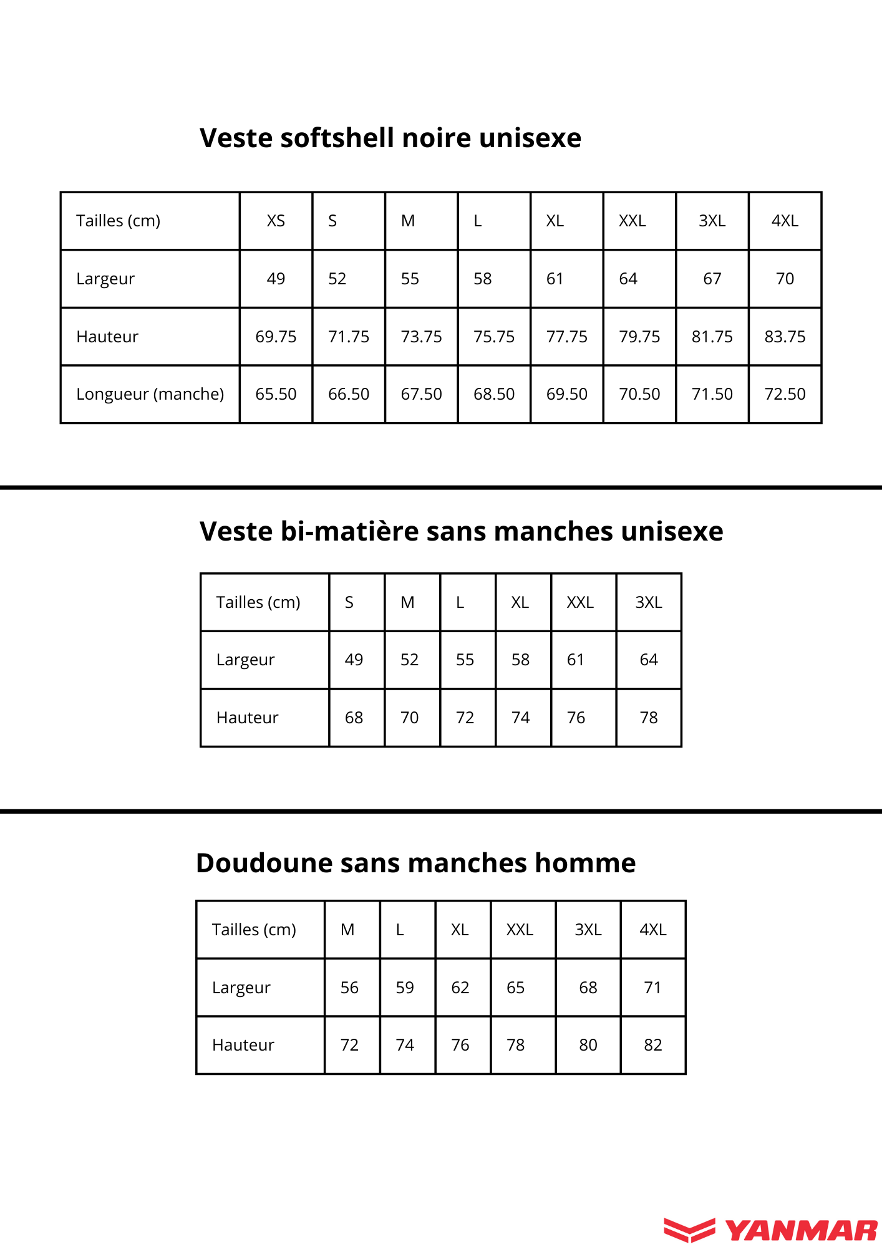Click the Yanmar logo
coord(771,1230)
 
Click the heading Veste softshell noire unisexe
coord(390,138)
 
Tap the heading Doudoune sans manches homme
coord(415,863)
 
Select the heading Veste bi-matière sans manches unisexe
coord(461,531)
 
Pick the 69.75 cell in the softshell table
coord(276,337)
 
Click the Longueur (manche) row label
coord(150,394)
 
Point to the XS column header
coord(276,221)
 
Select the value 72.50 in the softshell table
coord(785,394)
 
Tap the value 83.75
coord(785,337)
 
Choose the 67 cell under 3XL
coord(712,279)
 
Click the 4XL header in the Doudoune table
coord(652,930)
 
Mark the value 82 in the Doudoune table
coord(652,1045)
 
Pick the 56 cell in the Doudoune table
coord(349,988)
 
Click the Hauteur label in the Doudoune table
coord(243,1045)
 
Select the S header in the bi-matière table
coord(349,602)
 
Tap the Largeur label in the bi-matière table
coord(245,660)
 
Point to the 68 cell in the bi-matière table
coord(354,718)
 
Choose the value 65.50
coord(276,394)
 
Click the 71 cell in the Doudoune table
coord(652,988)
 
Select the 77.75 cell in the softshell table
coord(566,337)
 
